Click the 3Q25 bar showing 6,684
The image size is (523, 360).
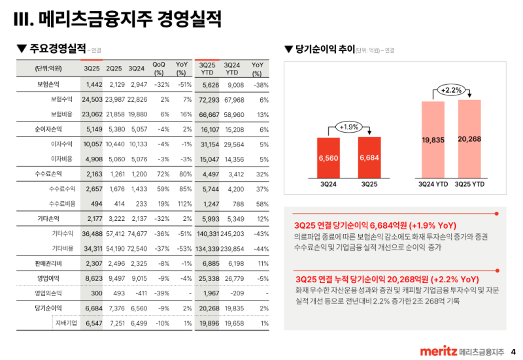click(369, 157)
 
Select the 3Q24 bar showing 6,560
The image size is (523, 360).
click(329, 157)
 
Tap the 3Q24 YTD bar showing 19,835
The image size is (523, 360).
click(434, 139)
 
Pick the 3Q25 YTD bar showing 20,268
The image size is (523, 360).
click(469, 139)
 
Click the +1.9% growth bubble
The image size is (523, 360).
click(348, 127)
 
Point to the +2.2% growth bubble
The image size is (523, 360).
click(452, 90)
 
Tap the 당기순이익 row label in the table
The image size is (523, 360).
click(48, 308)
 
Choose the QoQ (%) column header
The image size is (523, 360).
click(159, 68)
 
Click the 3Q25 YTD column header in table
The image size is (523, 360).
click(208, 68)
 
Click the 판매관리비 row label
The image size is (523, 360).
click(48, 263)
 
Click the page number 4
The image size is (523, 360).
click(513, 352)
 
